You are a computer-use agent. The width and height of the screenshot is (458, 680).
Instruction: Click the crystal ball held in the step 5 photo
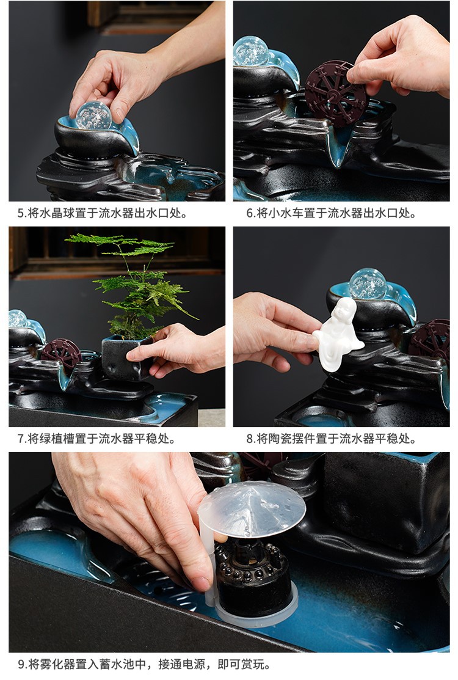click(93, 115)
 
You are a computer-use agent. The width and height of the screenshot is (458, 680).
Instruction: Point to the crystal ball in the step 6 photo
click(250, 51)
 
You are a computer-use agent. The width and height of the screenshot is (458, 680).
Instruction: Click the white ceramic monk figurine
click(339, 334)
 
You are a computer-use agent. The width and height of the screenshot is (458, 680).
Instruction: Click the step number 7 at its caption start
click(21, 439)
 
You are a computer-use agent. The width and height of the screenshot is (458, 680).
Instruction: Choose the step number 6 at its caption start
click(250, 213)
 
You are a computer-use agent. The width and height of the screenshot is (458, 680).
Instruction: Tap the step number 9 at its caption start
click(21, 664)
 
